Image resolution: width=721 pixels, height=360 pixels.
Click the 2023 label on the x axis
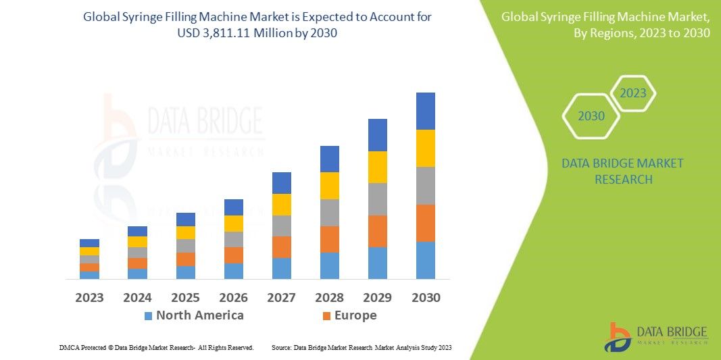pos(89,298)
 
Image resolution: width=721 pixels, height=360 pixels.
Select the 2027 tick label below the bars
pos(281,298)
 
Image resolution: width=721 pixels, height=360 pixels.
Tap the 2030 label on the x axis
pos(425,298)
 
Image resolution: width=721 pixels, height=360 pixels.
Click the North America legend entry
pos(193,315)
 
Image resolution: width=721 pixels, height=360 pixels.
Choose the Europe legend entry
pos(349,315)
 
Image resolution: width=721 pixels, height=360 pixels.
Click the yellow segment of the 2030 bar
pos(425,148)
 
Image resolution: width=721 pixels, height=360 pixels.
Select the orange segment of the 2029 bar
pos(377,231)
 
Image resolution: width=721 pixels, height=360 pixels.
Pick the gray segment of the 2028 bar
pos(329,212)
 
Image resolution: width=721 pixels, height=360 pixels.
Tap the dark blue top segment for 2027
pos(281,183)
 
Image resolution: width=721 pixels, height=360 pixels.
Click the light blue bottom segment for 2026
pos(233,271)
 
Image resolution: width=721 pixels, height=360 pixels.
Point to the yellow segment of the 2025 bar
pos(185,232)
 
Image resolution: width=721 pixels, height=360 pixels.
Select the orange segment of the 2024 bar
pos(137,263)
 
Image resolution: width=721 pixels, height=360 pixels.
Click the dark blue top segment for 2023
pos(89,243)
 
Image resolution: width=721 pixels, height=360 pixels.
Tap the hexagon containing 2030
pos(591,116)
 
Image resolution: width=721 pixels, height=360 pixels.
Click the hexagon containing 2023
pos(633,93)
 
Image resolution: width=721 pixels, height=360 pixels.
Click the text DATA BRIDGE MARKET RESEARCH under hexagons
pos(622,172)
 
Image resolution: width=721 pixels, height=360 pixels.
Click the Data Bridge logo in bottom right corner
pos(656,336)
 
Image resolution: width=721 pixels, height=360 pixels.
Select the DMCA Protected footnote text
pos(156,347)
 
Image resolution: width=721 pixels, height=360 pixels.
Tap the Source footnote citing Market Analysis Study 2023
pos(361,347)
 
